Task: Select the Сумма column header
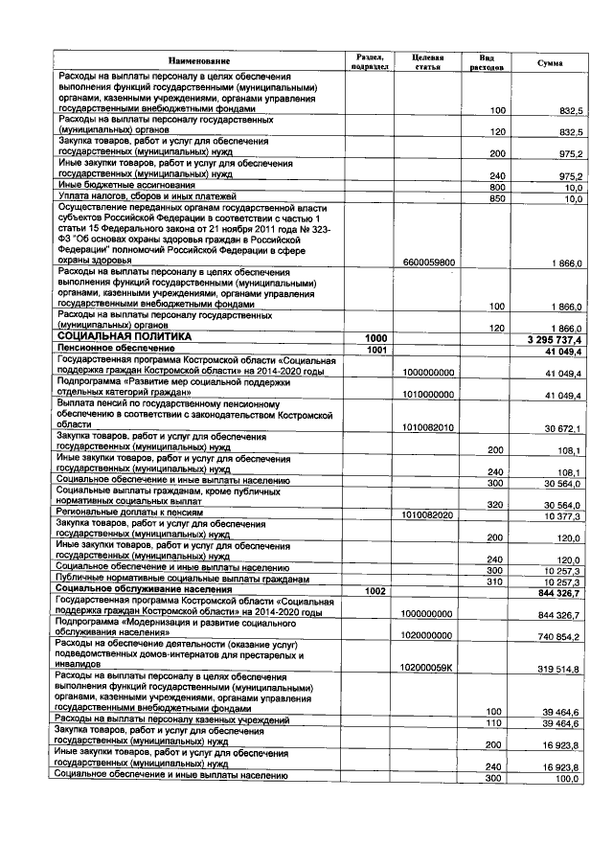(551, 62)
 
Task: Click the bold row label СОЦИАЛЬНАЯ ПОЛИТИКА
(125, 338)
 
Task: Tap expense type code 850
(496, 198)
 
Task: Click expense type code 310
(496, 581)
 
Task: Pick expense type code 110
(496, 721)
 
